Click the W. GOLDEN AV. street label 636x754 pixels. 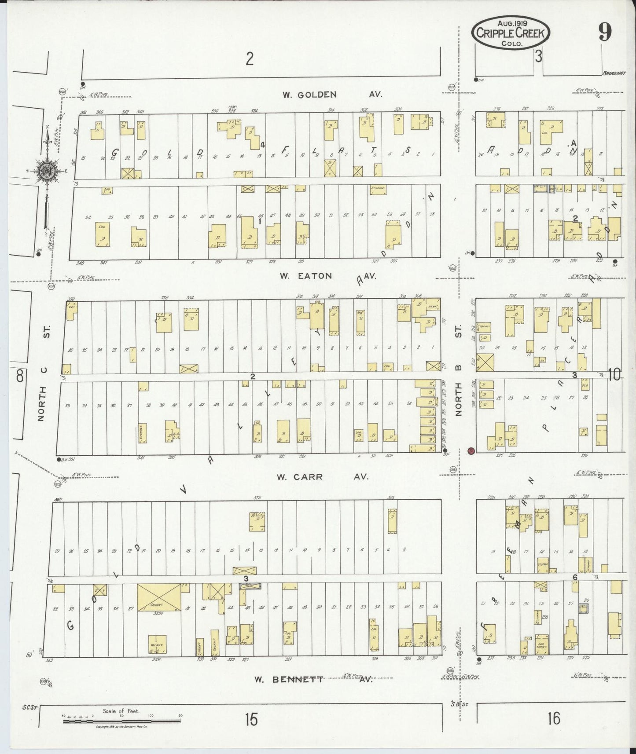[332, 95]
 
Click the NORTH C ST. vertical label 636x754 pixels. [43, 373]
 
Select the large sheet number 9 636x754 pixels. [605, 32]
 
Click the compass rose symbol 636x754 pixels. [46, 171]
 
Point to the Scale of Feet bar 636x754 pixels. [121, 722]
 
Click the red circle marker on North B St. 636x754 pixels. [471, 451]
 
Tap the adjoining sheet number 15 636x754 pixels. [251, 720]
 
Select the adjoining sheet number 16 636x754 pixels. [554, 718]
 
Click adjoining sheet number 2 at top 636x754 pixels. [250, 59]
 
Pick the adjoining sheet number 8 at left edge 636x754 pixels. [19, 376]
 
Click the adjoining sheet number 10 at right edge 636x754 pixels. [614, 375]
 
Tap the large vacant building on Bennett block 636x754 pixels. [159, 597]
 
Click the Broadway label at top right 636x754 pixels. [614, 73]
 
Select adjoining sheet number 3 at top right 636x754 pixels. [538, 56]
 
